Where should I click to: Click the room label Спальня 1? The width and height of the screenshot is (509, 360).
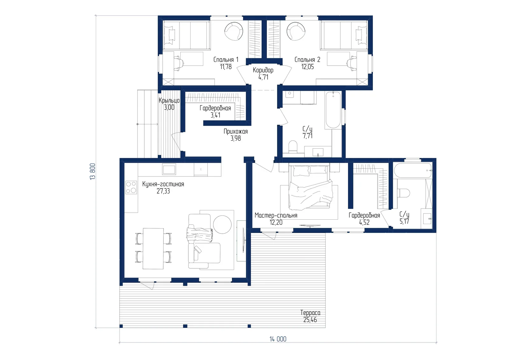(x=226, y=60)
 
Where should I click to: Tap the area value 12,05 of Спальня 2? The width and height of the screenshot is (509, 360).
(x=307, y=67)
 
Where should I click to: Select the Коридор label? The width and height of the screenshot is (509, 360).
(x=263, y=70)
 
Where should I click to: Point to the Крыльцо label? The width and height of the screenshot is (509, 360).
(x=169, y=100)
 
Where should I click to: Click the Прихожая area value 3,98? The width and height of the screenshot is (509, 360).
(x=236, y=138)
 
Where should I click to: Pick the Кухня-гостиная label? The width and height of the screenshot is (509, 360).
(x=163, y=184)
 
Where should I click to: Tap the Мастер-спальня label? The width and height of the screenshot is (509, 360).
(x=276, y=215)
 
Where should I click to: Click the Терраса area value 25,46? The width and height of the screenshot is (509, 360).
(x=310, y=320)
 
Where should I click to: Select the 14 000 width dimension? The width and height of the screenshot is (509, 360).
(x=278, y=339)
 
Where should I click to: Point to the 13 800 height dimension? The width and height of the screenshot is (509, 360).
(x=93, y=172)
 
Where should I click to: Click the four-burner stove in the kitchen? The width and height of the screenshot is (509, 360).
(x=131, y=187)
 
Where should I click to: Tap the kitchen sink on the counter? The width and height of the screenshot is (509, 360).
(x=169, y=169)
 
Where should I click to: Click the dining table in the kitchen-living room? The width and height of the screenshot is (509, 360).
(x=153, y=249)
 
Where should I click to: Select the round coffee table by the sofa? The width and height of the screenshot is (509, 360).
(x=222, y=224)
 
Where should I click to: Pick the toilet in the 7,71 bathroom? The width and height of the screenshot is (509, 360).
(x=293, y=147)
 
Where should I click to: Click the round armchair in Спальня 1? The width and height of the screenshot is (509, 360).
(x=234, y=31)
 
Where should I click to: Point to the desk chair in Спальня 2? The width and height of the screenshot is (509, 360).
(x=352, y=62)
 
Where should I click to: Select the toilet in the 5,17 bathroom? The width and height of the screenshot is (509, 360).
(x=404, y=193)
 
